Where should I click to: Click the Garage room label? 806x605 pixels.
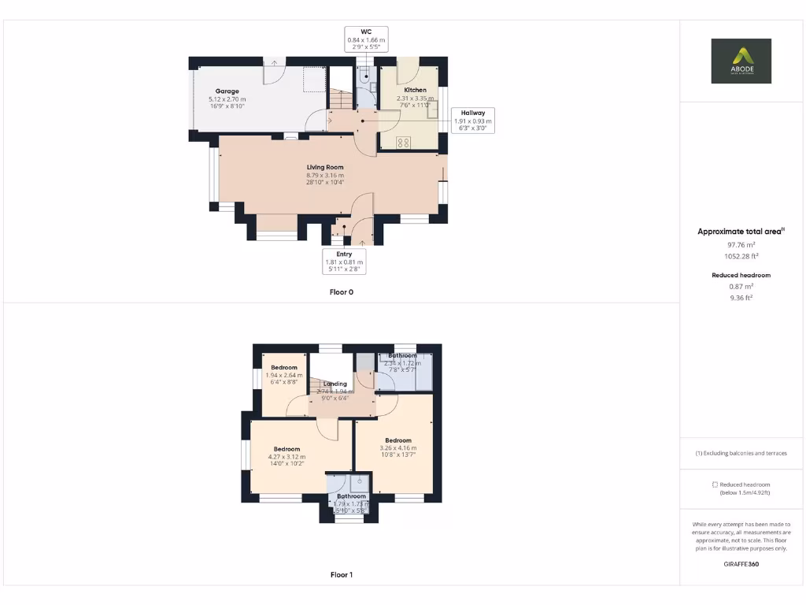click(227, 91)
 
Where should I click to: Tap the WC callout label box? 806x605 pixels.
click(366, 39)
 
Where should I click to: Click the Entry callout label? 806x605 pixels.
click(344, 262)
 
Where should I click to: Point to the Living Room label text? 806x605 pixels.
click(325, 167)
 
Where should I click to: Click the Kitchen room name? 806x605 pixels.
click(416, 91)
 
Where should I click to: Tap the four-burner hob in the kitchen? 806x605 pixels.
click(404, 143)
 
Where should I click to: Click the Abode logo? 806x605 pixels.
click(741, 61)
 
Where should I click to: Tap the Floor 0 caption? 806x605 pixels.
click(342, 291)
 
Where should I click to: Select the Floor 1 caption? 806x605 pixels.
click(342, 575)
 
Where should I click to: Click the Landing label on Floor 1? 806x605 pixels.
click(335, 384)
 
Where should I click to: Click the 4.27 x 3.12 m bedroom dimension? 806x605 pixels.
click(287, 457)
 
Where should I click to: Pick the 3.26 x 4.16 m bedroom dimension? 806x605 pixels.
click(398, 448)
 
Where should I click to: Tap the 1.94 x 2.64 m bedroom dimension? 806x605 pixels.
click(284, 376)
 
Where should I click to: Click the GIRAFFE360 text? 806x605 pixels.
click(741, 564)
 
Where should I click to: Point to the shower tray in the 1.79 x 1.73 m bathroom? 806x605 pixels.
click(360, 482)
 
